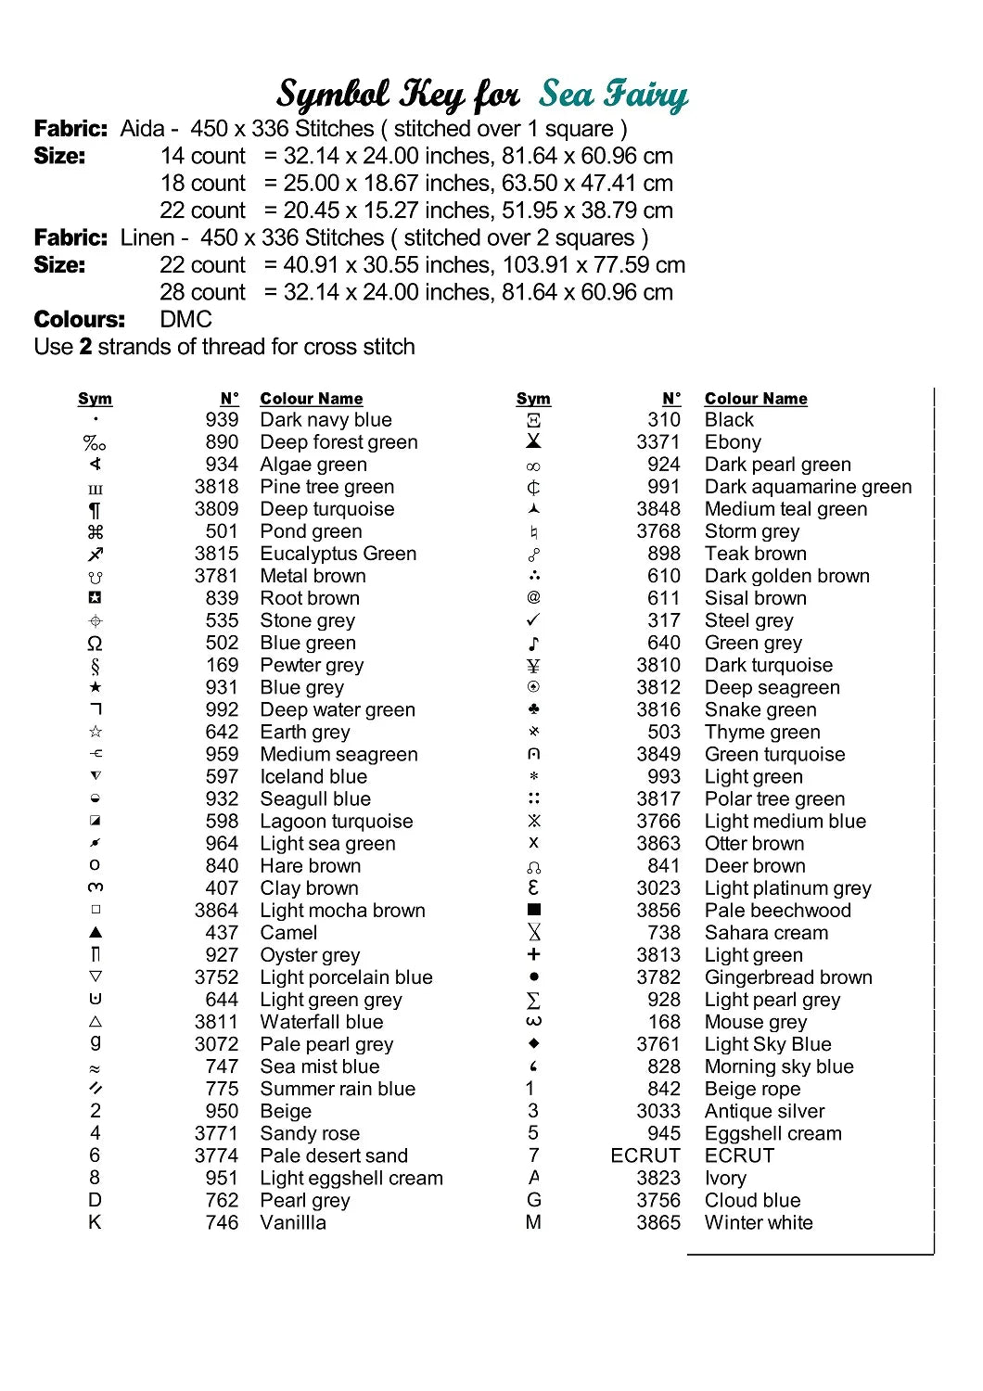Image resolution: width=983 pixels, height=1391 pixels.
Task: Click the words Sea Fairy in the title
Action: [x=613, y=95]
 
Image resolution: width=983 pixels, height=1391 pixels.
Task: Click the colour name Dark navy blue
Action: [x=326, y=420]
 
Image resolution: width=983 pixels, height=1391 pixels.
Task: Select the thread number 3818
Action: [x=216, y=487]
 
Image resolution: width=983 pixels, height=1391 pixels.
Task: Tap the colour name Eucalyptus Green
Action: [x=338, y=554]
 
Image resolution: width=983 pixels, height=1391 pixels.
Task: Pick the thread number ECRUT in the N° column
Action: [x=645, y=1155]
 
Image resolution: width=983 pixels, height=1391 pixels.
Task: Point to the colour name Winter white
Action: [x=758, y=1222]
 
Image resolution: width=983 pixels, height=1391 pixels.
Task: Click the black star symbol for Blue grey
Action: [x=96, y=687]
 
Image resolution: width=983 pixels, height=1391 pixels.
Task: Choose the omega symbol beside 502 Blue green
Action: [x=95, y=643]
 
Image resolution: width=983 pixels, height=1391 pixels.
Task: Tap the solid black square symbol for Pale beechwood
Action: [x=533, y=910]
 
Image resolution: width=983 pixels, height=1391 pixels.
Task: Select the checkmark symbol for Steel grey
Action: [x=533, y=619]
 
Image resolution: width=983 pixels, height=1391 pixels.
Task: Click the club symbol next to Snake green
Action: [x=533, y=709]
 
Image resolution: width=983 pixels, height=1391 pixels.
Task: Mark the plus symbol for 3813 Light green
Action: [x=533, y=954]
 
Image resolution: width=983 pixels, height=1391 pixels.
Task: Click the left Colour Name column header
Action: [x=311, y=399]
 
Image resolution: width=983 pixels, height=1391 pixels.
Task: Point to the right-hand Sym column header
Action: [x=533, y=399]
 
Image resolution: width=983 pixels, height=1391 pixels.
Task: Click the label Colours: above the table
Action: [x=79, y=320]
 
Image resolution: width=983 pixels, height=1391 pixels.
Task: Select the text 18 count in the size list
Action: [x=202, y=184]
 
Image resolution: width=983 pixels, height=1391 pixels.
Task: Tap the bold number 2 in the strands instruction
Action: [x=85, y=347]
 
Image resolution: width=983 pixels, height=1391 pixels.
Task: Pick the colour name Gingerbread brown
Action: [x=787, y=977]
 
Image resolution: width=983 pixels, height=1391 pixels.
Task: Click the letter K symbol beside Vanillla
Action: [x=95, y=1222]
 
